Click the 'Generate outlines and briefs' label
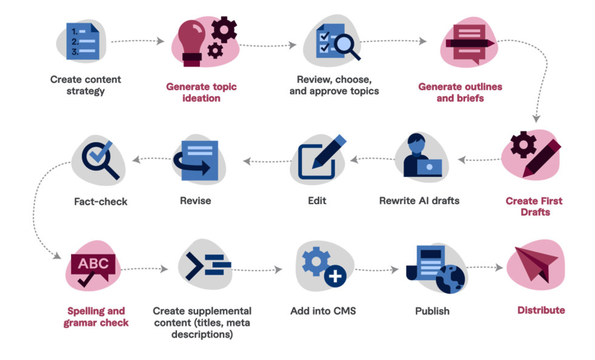pos(460,92)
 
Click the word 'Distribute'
pos(540,310)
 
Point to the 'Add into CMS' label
pos(323,311)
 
